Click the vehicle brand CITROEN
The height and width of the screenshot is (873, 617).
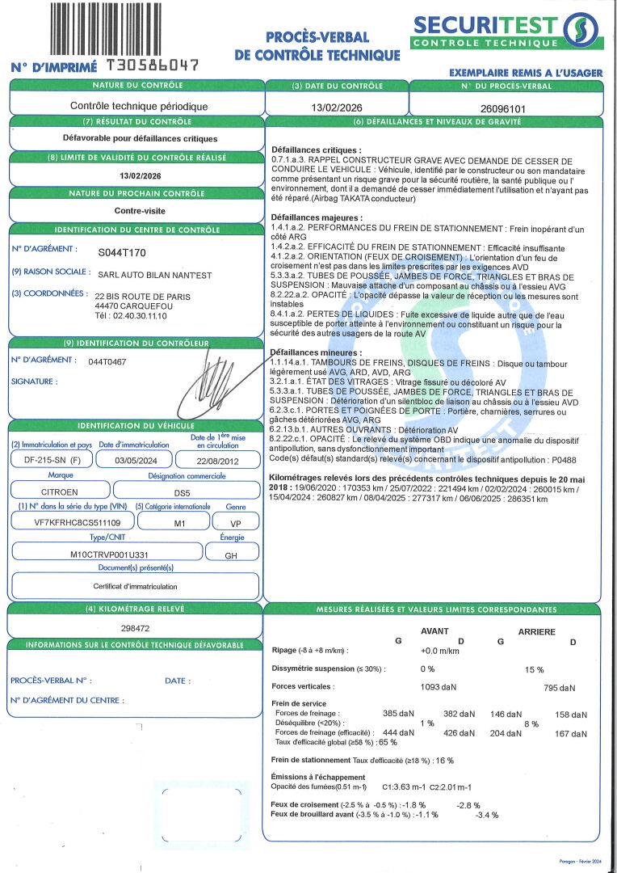click(x=60, y=491)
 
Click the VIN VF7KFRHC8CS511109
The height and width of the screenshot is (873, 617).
click(x=68, y=522)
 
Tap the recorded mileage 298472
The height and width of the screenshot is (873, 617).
click(x=135, y=627)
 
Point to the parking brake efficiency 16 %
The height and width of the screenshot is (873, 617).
click(x=443, y=761)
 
